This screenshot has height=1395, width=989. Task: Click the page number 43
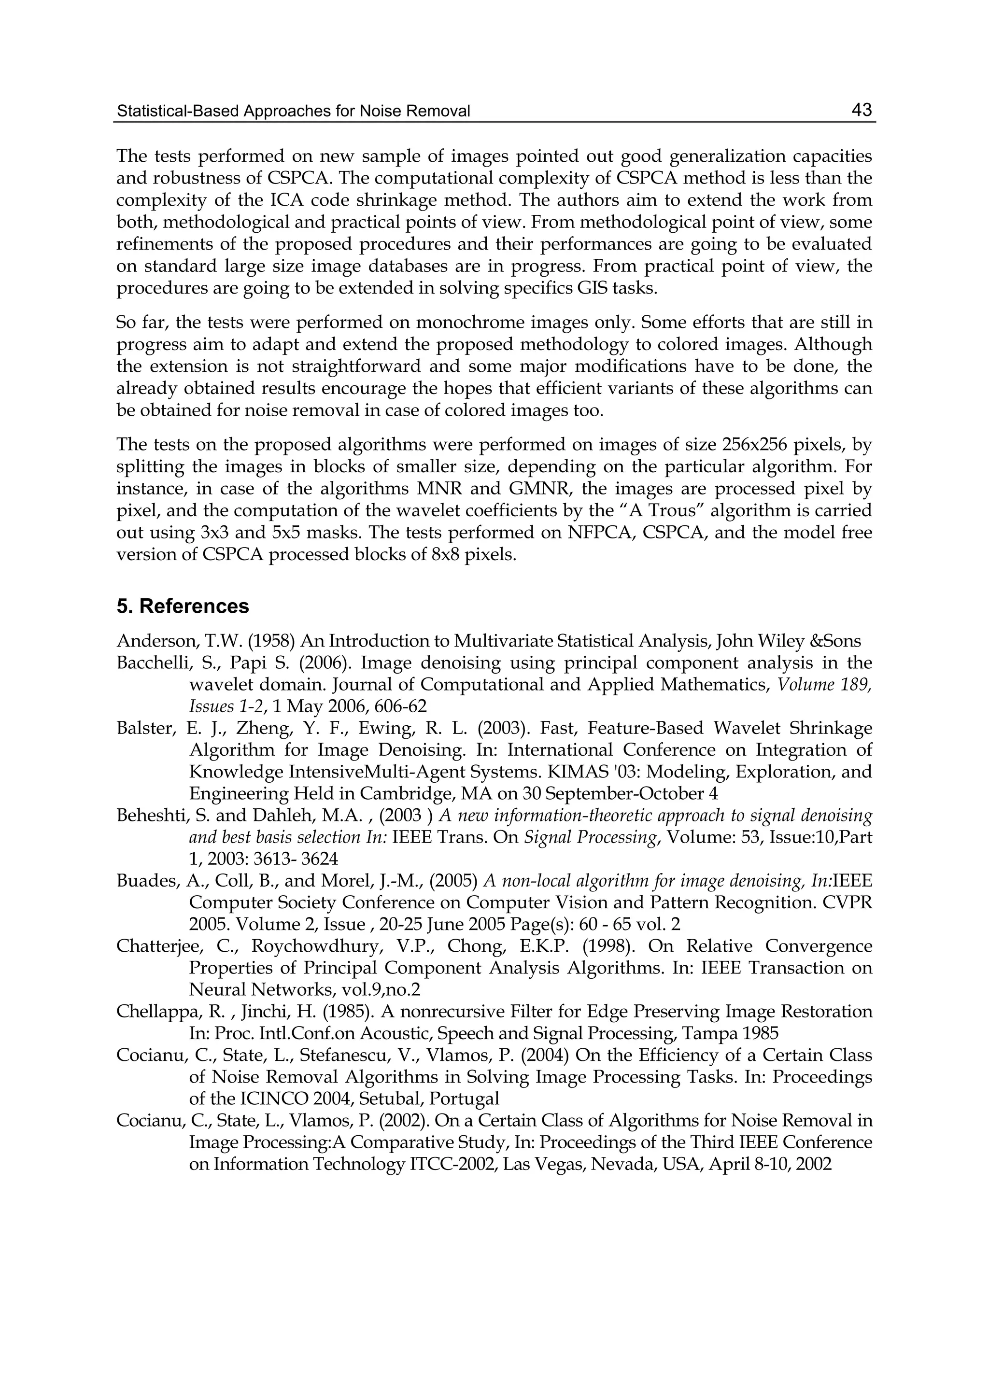point(861,110)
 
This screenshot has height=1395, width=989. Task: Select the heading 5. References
point(183,606)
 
